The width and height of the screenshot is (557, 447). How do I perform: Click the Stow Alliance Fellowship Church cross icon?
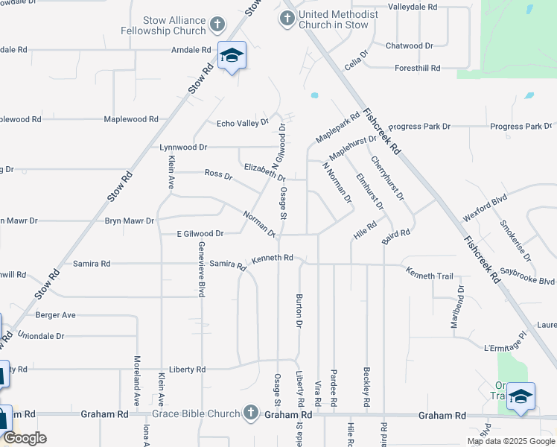click(x=217, y=25)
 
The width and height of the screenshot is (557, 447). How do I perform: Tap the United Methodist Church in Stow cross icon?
click(x=287, y=16)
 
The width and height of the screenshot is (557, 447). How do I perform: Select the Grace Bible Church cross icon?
click(x=252, y=413)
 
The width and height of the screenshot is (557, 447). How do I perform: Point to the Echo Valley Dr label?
click(x=242, y=124)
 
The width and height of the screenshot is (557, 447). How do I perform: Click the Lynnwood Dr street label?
click(x=183, y=148)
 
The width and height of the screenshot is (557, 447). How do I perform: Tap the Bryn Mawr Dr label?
click(x=129, y=221)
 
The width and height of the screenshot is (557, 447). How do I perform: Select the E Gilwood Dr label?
click(x=200, y=234)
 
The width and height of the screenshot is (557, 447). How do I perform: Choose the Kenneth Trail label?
click(x=429, y=276)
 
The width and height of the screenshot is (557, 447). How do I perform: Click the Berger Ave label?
click(x=56, y=315)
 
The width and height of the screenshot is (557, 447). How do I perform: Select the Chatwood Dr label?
click(x=409, y=46)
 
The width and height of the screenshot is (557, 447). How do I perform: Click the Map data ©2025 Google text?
click(x=511, y=441)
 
